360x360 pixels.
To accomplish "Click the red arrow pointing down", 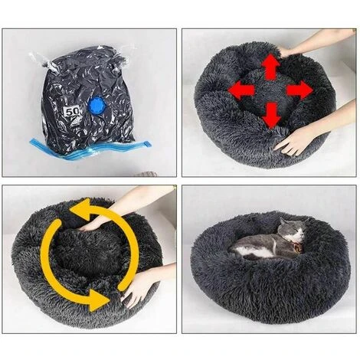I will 270,115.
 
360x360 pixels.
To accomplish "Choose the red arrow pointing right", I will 299,90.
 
